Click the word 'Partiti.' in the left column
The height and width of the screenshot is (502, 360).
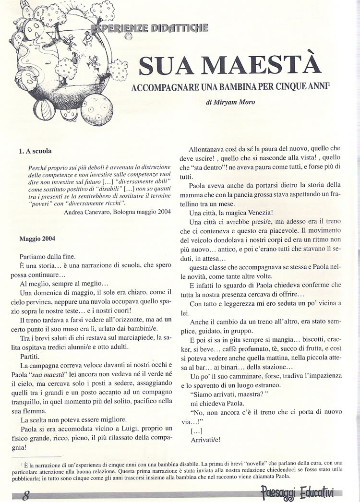click(31, 358)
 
